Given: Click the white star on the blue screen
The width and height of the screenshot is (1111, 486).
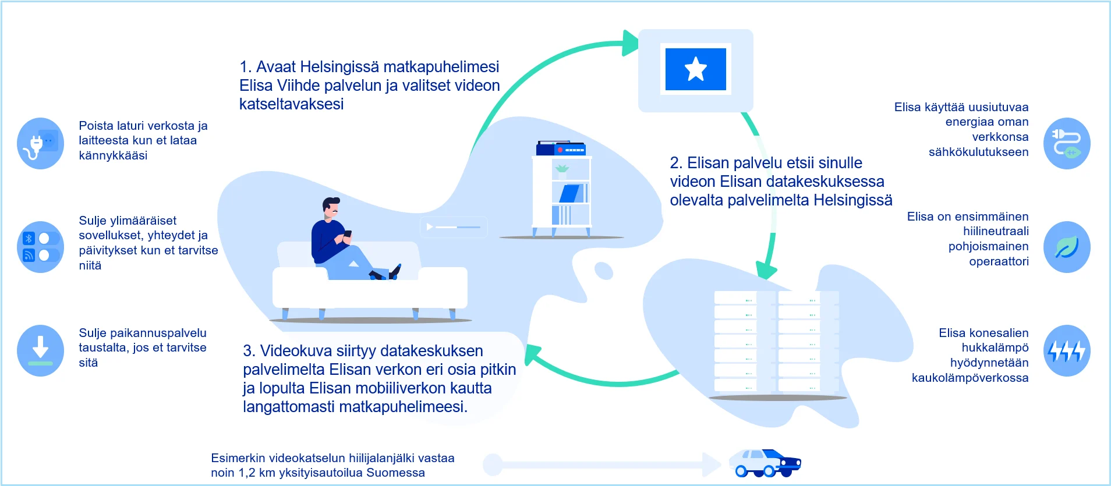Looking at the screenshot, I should point(696,69).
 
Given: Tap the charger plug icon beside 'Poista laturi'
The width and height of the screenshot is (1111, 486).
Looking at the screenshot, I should point(40,143).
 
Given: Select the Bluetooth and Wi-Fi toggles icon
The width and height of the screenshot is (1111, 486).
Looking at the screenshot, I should point(40,247).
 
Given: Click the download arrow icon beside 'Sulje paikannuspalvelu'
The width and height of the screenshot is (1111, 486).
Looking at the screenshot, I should point(40,350).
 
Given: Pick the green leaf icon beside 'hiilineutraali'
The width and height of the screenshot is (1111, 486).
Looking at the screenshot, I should point(1067,247).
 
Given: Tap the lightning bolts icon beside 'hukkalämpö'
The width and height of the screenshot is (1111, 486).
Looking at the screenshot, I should point(1067,350).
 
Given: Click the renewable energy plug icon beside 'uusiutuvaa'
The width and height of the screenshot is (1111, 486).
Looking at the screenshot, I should point(1067,143).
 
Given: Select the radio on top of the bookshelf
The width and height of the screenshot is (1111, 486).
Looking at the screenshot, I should point(561,148).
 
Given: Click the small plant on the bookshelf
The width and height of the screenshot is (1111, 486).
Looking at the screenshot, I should point(562,171).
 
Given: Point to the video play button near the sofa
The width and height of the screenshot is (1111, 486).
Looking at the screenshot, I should point(430,226).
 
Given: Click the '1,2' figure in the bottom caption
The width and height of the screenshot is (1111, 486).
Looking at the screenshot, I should point(247,473).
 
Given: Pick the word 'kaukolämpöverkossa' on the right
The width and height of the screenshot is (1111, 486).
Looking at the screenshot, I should point(970,378).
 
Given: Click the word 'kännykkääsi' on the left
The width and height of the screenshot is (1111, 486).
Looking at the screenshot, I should point(113,155).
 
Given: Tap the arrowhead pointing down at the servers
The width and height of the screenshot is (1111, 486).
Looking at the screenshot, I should point(766,271).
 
